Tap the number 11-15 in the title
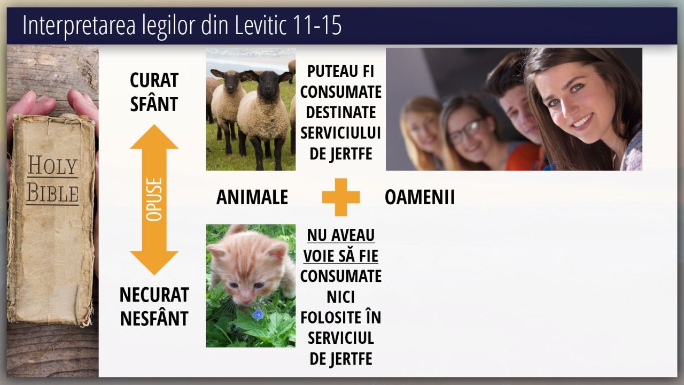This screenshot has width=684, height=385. pos(317,25)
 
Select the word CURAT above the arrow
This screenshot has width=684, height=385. pos(154,80)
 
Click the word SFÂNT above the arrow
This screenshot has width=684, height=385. pos(154,104)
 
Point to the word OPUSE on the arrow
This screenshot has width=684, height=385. pos(154,199)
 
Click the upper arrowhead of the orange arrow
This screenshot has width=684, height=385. pos(154,136)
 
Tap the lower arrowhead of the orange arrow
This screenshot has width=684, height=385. pos(154,263)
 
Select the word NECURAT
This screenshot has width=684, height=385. pos(154,295)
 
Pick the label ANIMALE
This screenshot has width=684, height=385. pos(252,197)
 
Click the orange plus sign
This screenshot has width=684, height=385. pos(341,197)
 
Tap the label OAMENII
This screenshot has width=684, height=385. pos(419,197)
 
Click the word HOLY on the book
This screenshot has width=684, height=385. pos(52,165)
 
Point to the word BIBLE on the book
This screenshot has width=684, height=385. pos(52,193)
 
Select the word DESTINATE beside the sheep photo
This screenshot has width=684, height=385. pos(341,112)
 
